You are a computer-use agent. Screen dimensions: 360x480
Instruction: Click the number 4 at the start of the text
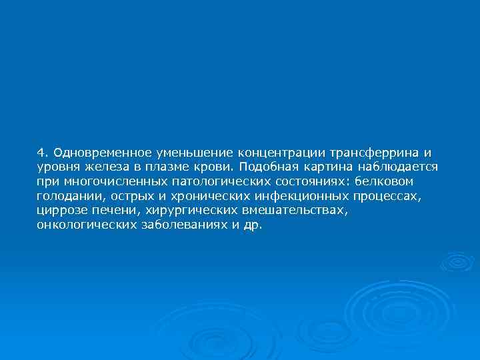41,151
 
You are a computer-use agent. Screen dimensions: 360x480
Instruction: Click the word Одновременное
94,151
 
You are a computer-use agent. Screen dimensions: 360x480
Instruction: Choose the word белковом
385,181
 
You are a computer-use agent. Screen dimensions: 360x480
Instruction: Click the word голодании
69,196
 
